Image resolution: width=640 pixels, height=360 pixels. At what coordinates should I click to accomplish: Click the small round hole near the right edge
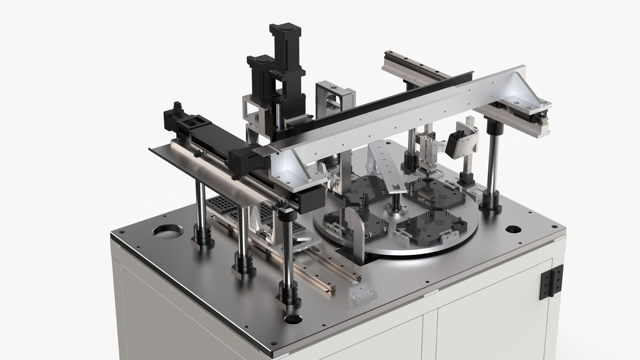coord(511,230)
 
